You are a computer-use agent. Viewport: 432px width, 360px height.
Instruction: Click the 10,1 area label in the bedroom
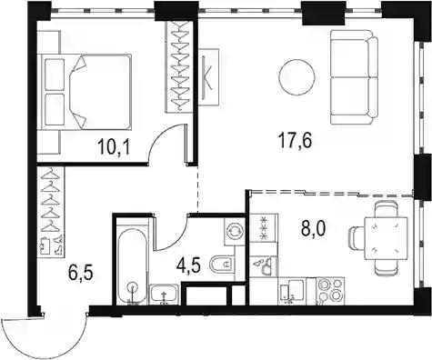click(x=114, y=148)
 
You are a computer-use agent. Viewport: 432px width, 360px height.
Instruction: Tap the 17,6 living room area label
click(x=296, y=141)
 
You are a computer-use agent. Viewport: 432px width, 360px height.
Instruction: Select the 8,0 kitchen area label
click(x=313, y=229)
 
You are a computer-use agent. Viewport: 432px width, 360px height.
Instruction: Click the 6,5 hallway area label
click(x=80, y=274)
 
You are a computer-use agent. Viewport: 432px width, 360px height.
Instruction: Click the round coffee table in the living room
click(x=296, y=76)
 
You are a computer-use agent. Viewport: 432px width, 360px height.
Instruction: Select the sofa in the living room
click(x=354, y=77)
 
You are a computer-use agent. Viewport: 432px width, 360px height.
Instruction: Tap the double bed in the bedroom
click(x=85, y=92)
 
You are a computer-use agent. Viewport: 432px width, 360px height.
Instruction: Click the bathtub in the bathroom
click(x=133, y=265)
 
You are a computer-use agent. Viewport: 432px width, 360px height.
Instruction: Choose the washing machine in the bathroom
click(x=234, y=232)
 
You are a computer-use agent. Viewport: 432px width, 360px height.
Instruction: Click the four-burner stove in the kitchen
click(x=330, y=290)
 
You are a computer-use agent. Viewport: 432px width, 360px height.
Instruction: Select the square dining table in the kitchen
click(x=386, y=238)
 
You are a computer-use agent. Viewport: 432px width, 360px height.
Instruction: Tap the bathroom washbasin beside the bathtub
click(x=165, y=295)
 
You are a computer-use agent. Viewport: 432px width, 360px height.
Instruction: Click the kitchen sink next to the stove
click(x=292, y=291)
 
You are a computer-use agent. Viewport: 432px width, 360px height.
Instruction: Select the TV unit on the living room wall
click(x=208, y=77)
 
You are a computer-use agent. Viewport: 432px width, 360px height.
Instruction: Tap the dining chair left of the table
click(x=357, y=238)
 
